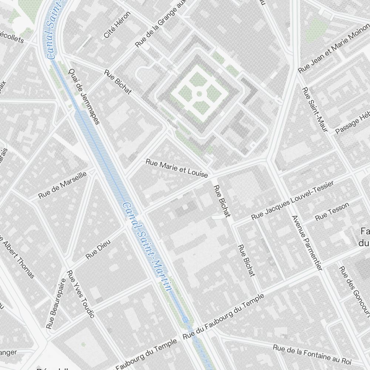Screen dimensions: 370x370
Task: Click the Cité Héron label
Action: coord(117,25)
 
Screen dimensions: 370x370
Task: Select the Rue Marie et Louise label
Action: coord(177,168)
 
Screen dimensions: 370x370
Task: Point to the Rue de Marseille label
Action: coord(63,185)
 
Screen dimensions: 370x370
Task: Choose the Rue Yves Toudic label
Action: coord(81,294)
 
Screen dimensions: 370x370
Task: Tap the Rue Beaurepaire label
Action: coord(56,303)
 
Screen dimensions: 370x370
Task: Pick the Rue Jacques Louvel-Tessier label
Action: coord(293,200)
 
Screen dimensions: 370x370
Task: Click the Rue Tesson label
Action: coord(332,211)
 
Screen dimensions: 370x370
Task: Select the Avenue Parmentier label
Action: coord(307,243)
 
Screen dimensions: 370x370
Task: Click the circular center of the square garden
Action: coord(199,94)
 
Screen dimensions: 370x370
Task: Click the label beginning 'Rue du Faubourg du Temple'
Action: coord(224,317)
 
